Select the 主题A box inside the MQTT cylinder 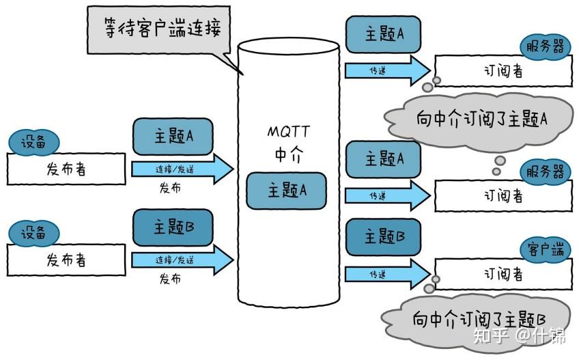[286, 190]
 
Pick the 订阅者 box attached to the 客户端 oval [503, 275]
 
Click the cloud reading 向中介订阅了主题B [478, 318]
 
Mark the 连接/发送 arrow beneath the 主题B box [182, 260]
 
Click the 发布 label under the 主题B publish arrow [170, 279]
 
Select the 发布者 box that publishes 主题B [66, 260]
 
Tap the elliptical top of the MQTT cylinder [288, 46]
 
